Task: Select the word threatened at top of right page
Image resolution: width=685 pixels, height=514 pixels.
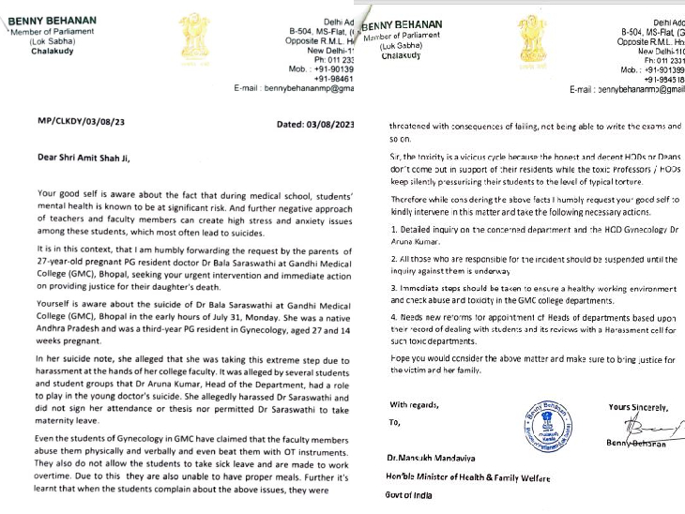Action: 414,125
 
